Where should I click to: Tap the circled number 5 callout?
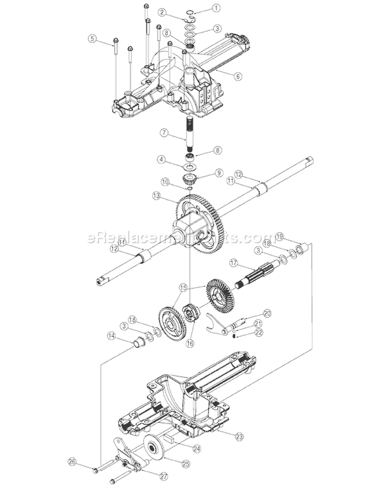(x=91, y=38)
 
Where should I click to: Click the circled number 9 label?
(x=219, y=172)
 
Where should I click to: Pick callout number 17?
(x=233, y=262)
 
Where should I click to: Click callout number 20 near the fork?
(x=267, y=313)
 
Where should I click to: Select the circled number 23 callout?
(x=239, y=434)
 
